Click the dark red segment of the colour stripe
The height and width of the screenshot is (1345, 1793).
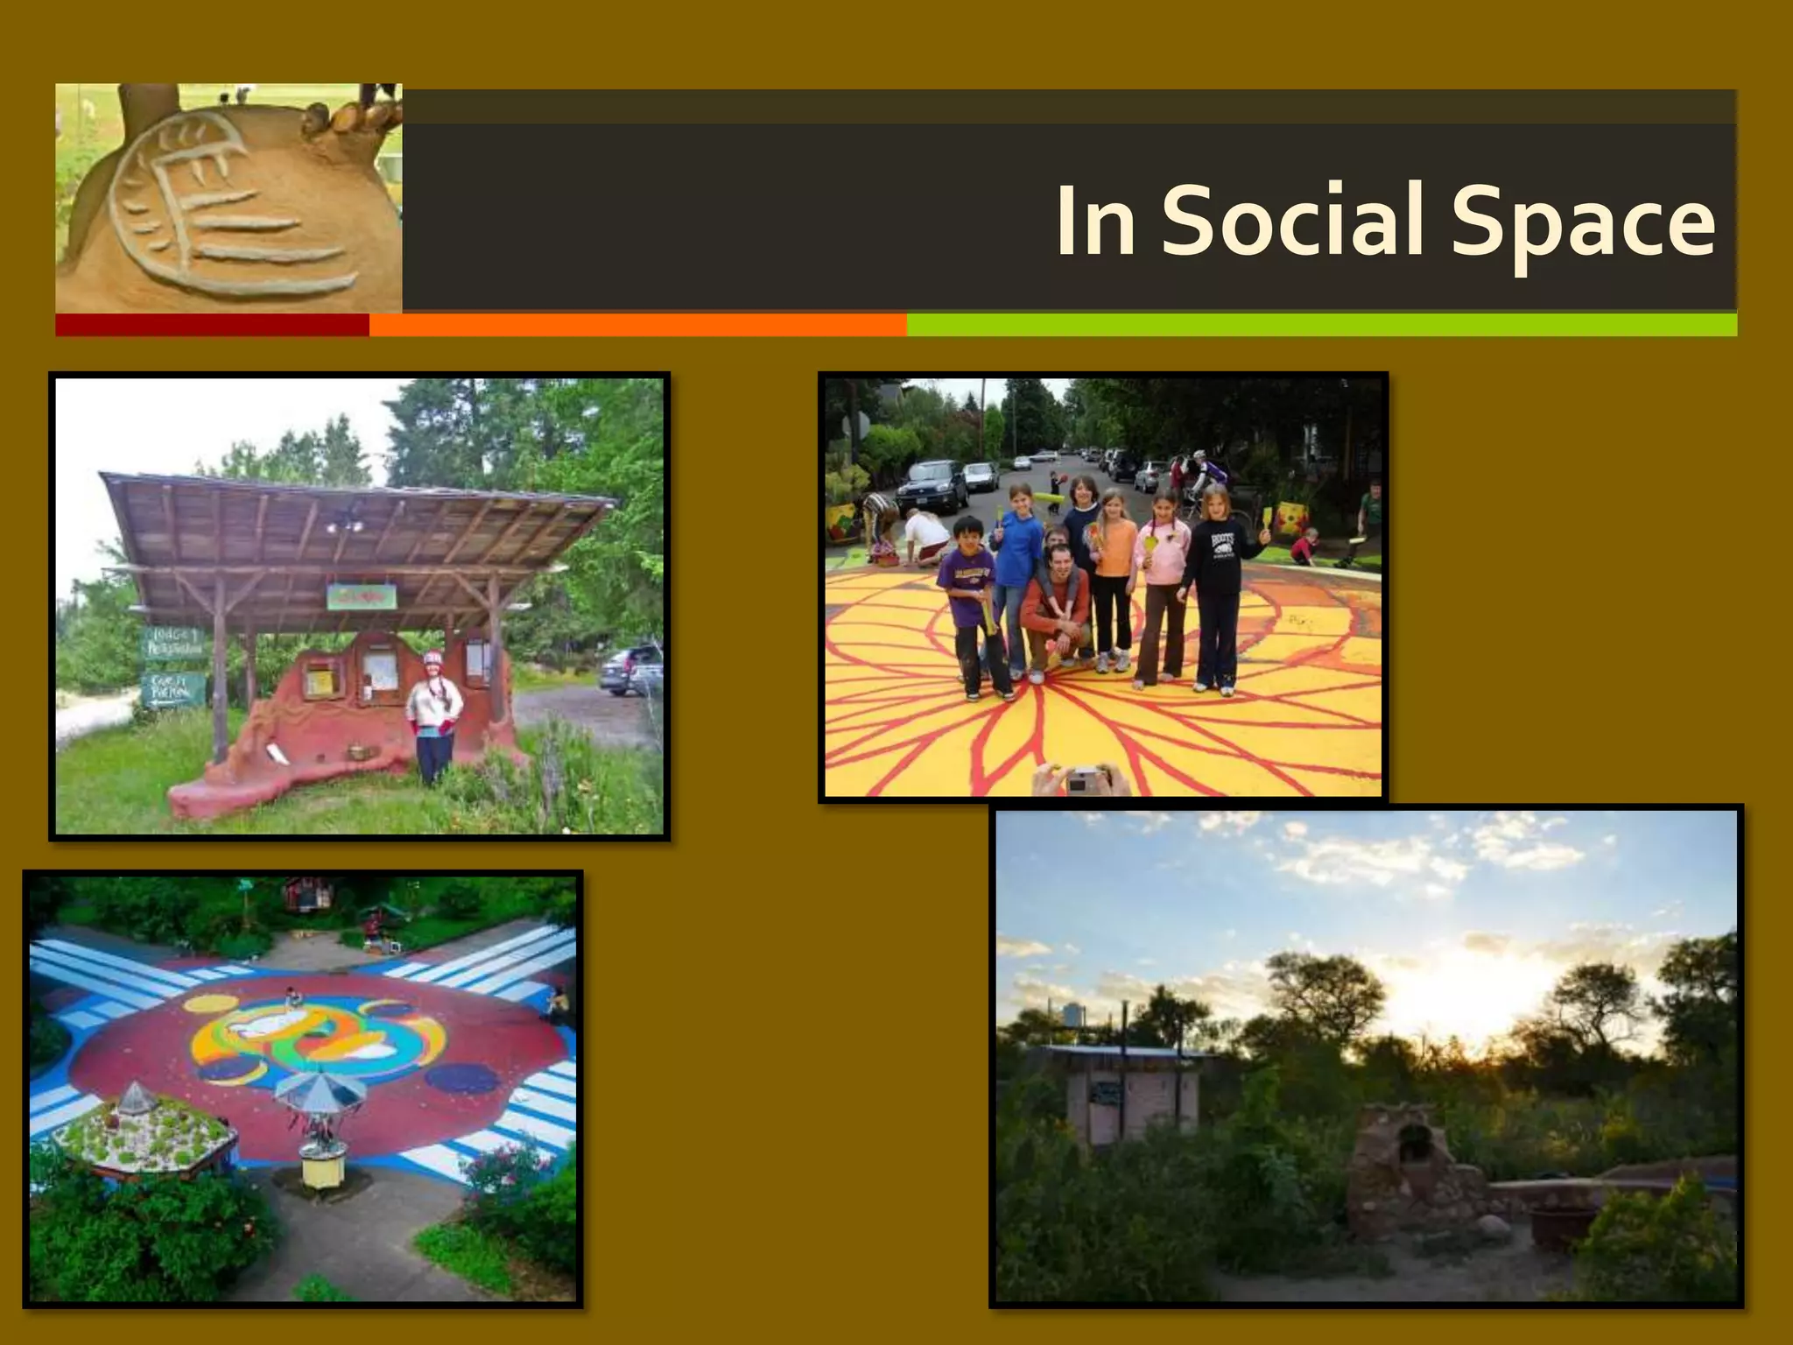[212, 325]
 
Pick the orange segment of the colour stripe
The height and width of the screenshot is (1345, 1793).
[637, 325]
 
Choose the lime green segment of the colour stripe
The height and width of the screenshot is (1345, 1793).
[1320, 325]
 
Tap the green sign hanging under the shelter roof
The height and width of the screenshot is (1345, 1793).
[362, 597]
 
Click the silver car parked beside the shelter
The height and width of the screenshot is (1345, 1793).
[630, 670]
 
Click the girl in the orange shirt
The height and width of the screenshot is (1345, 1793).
[1113, 578]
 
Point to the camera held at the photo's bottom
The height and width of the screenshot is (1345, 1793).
[1085, 778]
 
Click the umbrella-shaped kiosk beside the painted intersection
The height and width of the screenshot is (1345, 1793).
[320, 1130]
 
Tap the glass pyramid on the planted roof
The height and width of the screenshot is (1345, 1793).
[134, 1097]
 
